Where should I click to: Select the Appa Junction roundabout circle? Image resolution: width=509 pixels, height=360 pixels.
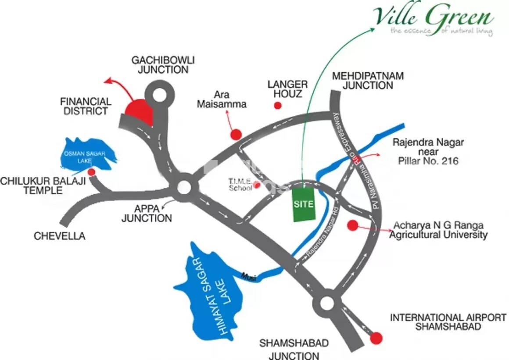point(184,188)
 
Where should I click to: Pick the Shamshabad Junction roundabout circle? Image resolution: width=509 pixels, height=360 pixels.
point(327,303)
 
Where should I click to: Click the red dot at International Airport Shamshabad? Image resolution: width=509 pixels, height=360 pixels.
point(376,338)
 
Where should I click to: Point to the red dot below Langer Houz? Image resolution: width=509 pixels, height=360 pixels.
point(277,105)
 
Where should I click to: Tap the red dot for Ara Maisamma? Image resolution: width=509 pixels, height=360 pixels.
point(237,134)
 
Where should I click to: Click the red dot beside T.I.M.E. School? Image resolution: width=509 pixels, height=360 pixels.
point(257,185)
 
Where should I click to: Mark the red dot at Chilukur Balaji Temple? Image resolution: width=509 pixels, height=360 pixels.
point(91,172)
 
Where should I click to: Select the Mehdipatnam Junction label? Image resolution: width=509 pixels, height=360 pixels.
point(368,81)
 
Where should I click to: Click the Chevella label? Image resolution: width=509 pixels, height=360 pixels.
point(60,236)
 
